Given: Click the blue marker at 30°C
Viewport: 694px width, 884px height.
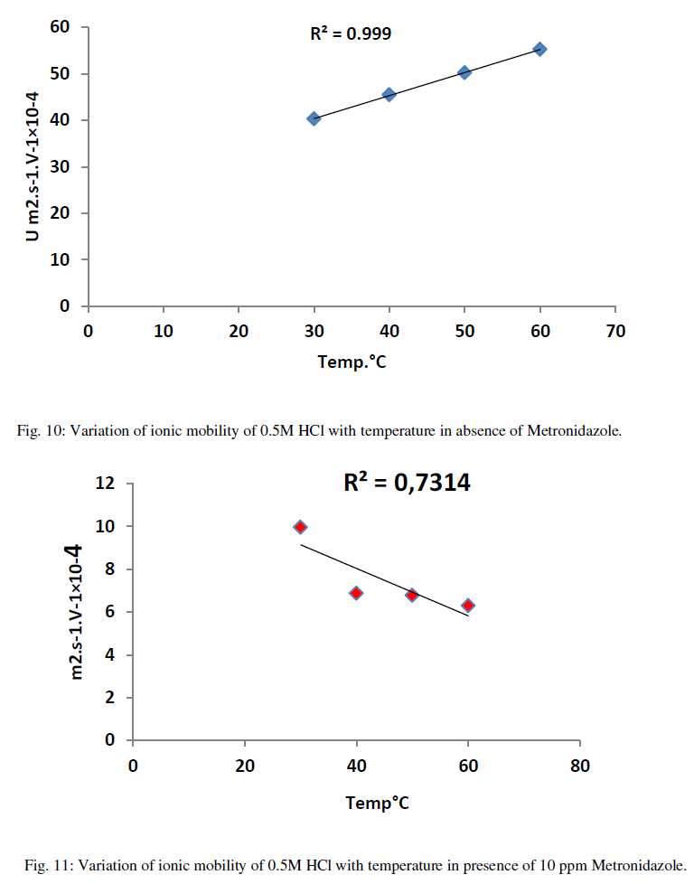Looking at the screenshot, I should point(314,118).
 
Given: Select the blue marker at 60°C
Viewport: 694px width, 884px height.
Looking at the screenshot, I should point(539,49).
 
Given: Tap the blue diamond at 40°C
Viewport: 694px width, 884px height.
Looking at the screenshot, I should point(389,94).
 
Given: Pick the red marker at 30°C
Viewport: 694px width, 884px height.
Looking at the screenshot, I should point(300,527).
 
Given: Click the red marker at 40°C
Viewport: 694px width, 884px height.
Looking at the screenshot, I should point(356,593).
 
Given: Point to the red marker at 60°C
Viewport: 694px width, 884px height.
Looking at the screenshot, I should point(468,606).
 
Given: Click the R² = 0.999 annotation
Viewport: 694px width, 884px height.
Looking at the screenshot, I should point(351,34).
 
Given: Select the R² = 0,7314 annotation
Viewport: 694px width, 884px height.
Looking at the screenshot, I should point(407,484).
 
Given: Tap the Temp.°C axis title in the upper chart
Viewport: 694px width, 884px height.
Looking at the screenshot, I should point(352,362).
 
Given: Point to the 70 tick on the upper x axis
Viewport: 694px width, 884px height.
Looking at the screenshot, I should point(615,331).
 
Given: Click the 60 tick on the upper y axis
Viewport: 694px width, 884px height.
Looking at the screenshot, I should point(60,27).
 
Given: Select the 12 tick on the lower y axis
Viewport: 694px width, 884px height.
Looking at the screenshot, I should point(106,484).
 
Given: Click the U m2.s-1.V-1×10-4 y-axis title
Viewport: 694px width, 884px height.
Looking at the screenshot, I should point(33,167).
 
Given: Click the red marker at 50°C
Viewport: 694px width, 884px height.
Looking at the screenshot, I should point(412,596).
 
